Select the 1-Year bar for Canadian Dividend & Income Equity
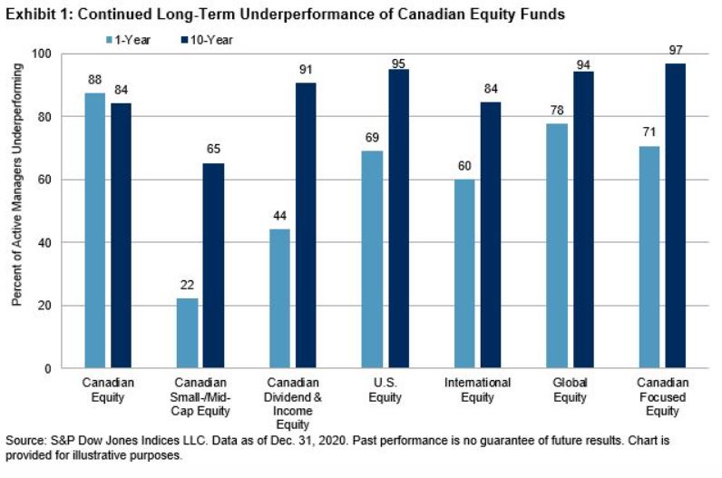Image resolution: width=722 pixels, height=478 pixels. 280,298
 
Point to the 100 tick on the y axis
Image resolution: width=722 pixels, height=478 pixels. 39,54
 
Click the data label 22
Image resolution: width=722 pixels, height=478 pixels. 188,284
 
